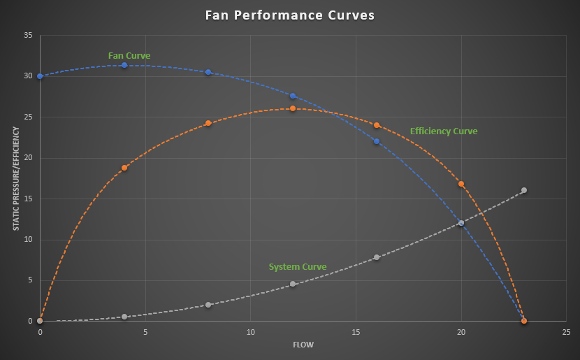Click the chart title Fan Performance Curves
tap(290, 15)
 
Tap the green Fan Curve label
tap(129, 56)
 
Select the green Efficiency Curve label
tap(444, 131)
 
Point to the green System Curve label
tap(298, 267)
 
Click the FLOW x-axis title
tap(303, 344)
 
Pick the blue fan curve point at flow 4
tap(124, 65)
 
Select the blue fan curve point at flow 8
tap(208, 72)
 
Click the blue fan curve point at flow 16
tap(377, 141)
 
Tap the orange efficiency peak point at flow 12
tap(293, 108)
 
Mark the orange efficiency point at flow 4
tap(124, 168)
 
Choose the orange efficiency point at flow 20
tap(461, 184)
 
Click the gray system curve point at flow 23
tap(524, 190)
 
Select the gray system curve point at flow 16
tap(377, 257)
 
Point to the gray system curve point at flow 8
tap(208, 305)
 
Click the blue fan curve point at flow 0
tap(40, 76)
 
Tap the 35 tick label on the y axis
tap(29, 35)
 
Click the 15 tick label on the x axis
tap(356, 332)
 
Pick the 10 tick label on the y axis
tap(29, 240)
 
